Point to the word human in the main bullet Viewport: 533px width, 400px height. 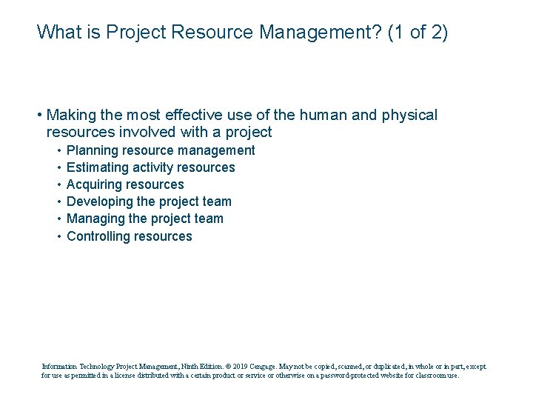click(x=315, y=116)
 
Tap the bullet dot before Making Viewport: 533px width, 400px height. click(x=38, y=116)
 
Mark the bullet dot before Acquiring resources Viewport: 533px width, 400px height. click(x=58, y=185)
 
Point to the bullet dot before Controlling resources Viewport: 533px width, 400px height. click(x=58, y=237)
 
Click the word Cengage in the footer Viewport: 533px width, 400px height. click(x=262, y=366)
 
